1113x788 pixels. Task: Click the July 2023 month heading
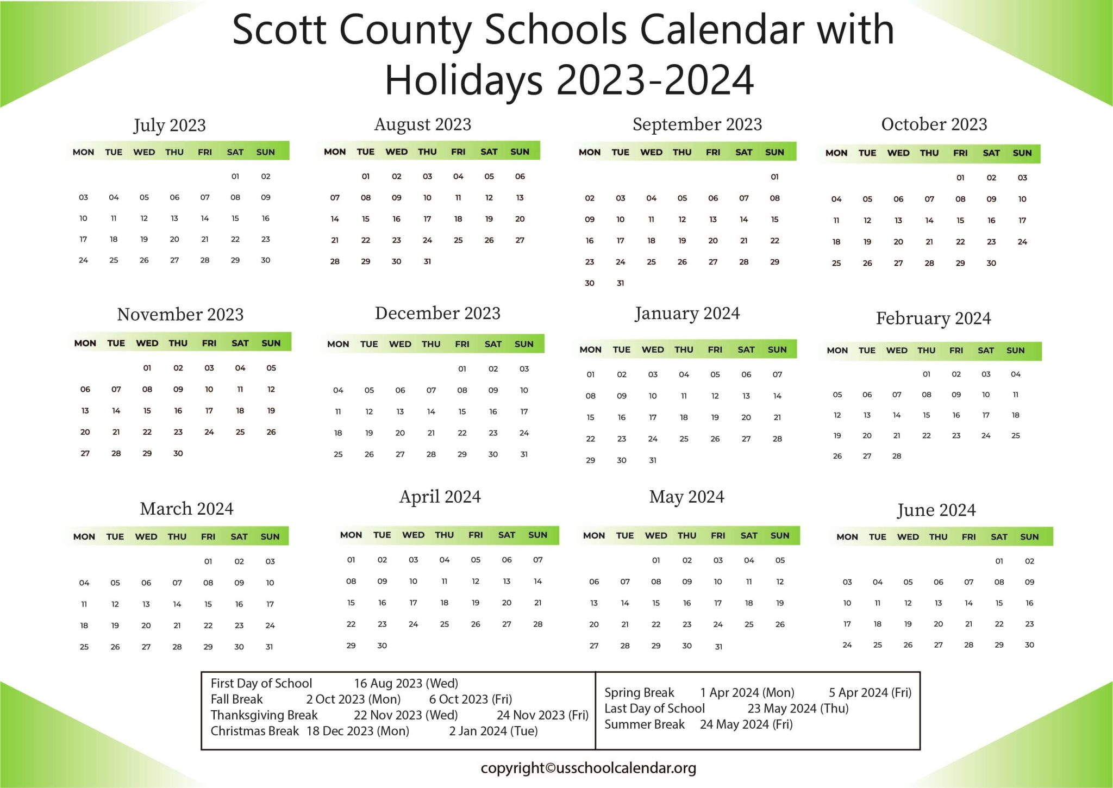coord(170,126)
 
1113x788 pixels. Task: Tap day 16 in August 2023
coord(397,219)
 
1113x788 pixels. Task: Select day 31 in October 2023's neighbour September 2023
coord(621,283)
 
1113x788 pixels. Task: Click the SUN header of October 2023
coord(1022,153)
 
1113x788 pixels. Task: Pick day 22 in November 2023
coord(147,432)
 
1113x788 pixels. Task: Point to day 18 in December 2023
coord(338,433)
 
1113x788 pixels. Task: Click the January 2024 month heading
coord(687,314)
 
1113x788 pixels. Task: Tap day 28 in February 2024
coord(897,456)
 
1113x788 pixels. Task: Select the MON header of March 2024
coord(84,537)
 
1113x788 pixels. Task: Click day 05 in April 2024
coord(476,560)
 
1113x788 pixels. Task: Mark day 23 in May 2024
coord(687,624)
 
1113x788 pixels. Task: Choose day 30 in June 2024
coord(1029,645)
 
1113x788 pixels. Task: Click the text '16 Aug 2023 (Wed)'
coord(406,683)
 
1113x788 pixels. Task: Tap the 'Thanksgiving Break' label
coord(264,715)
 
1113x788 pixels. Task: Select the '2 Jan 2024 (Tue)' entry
coord(493,731)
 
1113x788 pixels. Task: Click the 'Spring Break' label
coord(639,693)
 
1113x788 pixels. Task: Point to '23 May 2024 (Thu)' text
coord(798,709)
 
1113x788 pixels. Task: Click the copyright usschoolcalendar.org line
coord(588,768)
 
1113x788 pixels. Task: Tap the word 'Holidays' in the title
coord(464,80)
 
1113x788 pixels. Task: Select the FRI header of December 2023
coord(462,344)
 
